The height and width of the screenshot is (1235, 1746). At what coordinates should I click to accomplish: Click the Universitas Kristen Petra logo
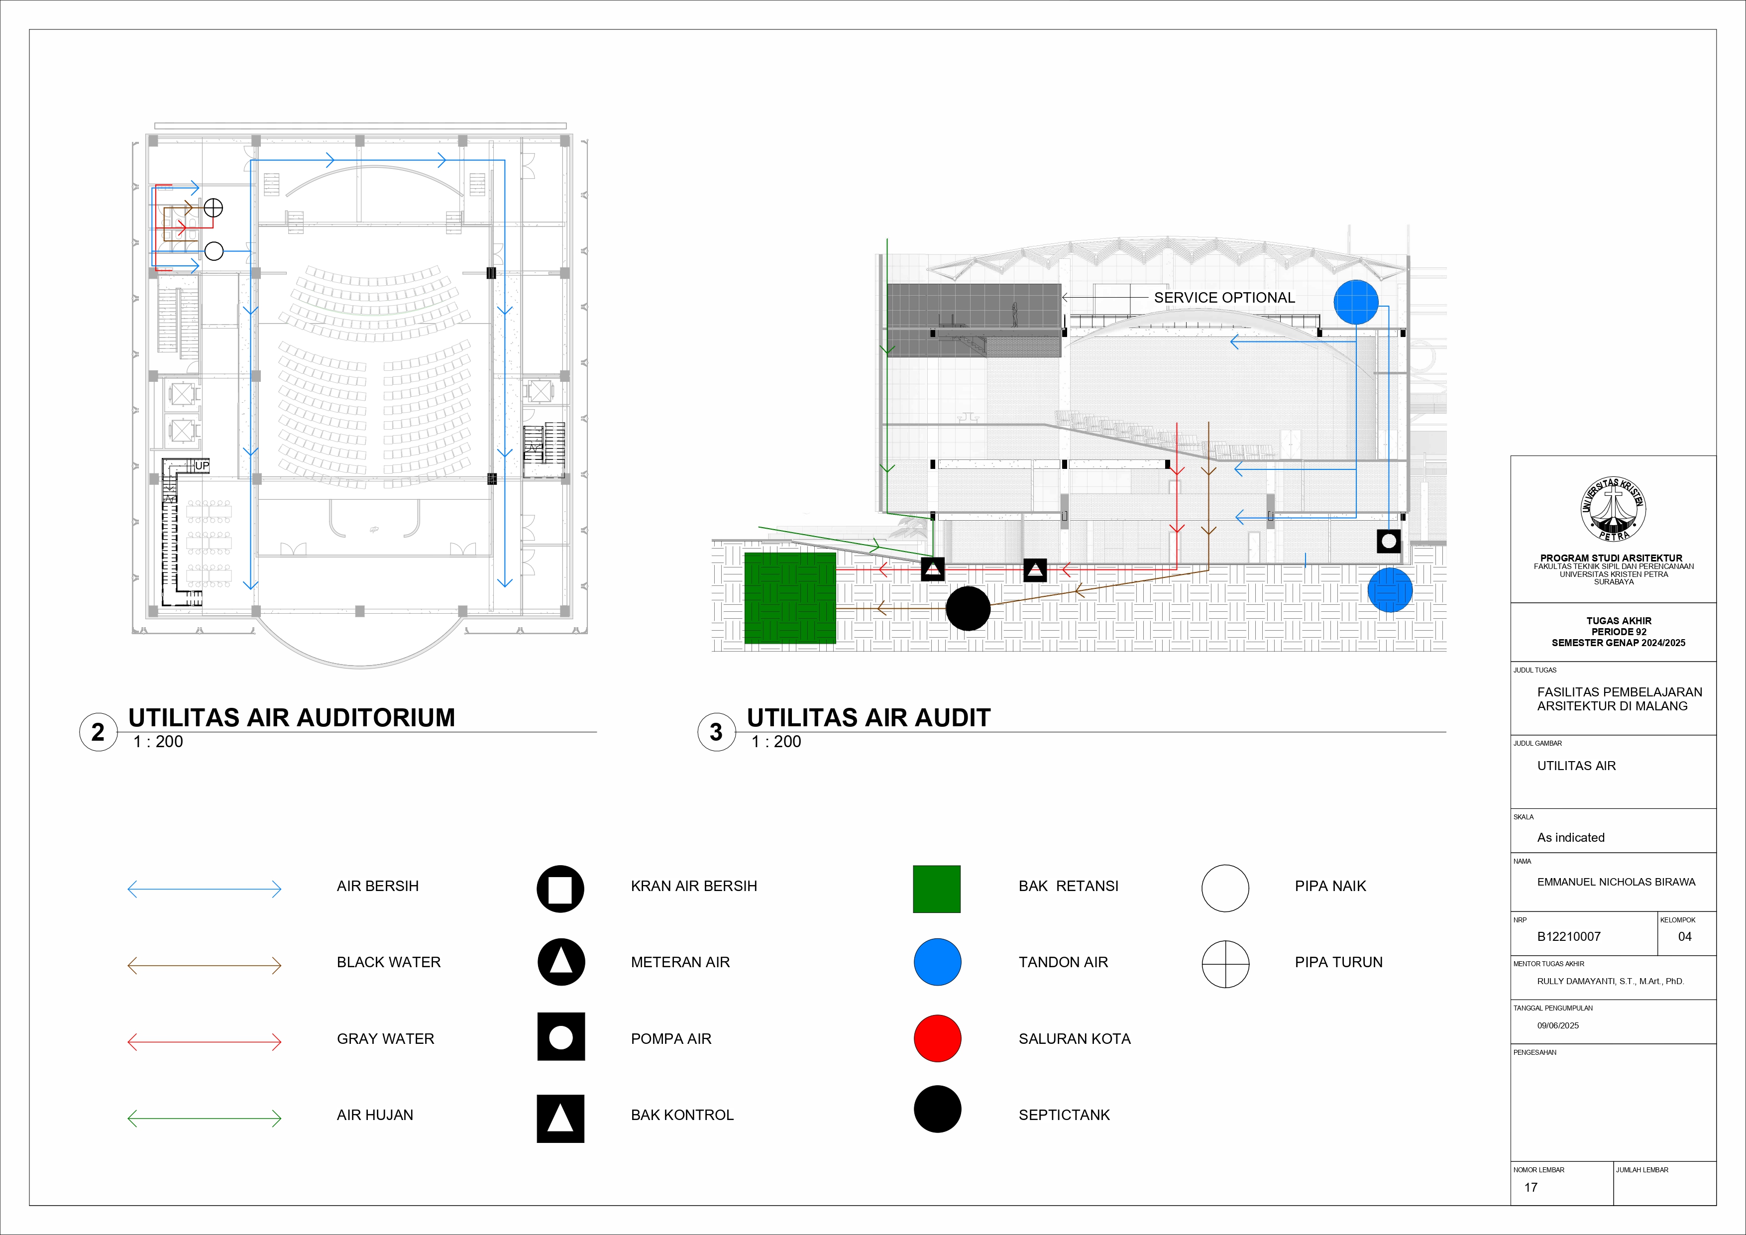(1613, 510)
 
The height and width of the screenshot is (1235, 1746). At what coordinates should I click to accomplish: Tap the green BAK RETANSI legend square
(936, 888)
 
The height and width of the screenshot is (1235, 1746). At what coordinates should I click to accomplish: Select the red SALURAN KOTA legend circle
(937, 1038)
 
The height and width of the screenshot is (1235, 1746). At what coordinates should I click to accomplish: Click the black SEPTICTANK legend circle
(937, 1109)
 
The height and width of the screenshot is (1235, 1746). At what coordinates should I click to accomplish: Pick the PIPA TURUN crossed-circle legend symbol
(1225, 964)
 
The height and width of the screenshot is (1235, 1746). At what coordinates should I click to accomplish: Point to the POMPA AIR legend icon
(560, 1036)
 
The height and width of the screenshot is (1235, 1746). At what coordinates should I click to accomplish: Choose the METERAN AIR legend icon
(560, 962)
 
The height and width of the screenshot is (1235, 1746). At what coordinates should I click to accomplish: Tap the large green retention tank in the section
(789, 598)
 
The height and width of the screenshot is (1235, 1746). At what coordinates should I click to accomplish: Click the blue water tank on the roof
(1355, 302)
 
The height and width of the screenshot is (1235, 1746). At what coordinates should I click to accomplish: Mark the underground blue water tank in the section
(1389, 590)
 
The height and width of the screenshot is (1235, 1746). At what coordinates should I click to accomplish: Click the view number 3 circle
(716, 732)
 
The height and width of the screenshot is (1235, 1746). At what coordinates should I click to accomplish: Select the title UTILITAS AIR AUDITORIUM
(291, 717)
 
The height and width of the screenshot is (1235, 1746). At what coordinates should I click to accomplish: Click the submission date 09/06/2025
(1557, 1025)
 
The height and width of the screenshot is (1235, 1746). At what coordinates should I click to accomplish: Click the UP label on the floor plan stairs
(202, 465)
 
